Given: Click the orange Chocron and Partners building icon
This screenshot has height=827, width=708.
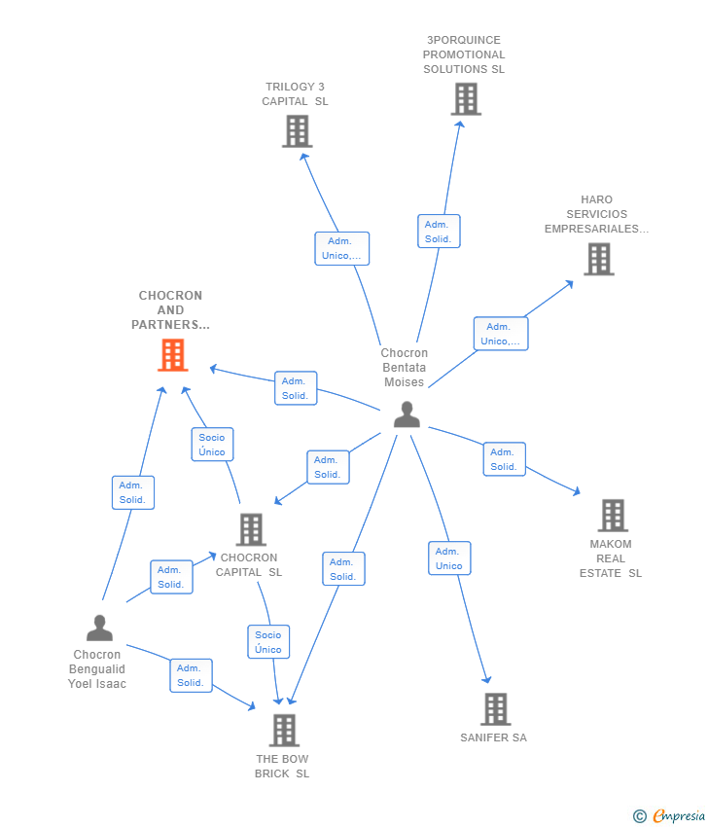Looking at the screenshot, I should pos(172,355).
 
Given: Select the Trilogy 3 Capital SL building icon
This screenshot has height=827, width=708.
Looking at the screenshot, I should pos(297,131).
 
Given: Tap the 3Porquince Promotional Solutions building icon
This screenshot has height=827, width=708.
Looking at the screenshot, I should pos(466,99).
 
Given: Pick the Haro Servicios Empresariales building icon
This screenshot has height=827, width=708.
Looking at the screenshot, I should pos(598,259).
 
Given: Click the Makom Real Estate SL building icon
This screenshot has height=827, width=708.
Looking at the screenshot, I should pos(612,516).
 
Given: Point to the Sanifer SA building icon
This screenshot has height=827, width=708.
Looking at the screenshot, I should pos(495,709).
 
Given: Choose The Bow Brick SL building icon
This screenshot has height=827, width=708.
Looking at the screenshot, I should pos(283,730).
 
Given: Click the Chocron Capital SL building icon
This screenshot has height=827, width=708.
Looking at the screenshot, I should pos(251,530).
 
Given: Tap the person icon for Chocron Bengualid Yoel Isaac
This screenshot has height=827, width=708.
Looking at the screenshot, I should pos(99,628).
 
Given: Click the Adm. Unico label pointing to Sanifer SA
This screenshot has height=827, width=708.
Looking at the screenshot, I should pos(449,558).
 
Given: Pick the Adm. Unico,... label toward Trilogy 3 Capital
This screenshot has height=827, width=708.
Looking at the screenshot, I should pos(341,249).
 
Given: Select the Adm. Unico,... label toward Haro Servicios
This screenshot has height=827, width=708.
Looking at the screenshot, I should pos(501,334).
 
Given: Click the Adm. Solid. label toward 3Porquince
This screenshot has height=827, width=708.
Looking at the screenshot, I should pos(438,232).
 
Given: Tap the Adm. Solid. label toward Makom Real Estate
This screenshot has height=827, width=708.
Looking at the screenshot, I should pos(504,459).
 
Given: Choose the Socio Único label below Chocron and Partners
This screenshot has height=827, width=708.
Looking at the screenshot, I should pos(212,445).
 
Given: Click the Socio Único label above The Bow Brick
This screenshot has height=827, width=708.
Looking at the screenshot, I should pos(268,642).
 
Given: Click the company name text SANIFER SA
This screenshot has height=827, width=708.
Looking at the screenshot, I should pos(493,737).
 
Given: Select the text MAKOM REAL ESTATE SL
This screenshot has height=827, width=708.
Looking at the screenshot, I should pos(611,558).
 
